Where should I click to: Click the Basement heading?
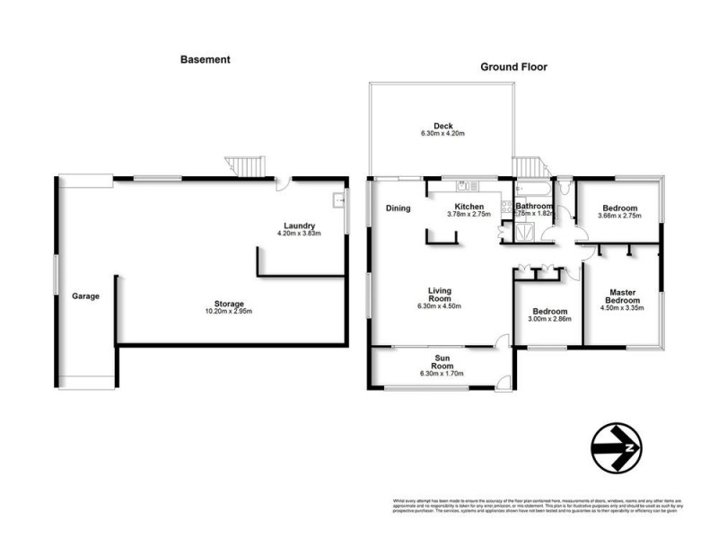[x=206, y=59]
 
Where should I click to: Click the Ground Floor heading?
[x=513, y=66]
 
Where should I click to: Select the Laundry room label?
[x=299, y=225]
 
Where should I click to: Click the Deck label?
[x=442, y=125]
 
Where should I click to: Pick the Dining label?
[x=398, y=208]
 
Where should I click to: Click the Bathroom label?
[x=534, y=206]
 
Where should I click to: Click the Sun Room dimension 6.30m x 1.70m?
[x=442, y=373]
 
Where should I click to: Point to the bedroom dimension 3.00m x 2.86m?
[x=547, y=319]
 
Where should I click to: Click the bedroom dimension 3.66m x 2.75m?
[x=620, y=216]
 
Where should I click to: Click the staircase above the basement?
[x=246, y=165]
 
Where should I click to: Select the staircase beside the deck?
[x=529, y=166]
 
